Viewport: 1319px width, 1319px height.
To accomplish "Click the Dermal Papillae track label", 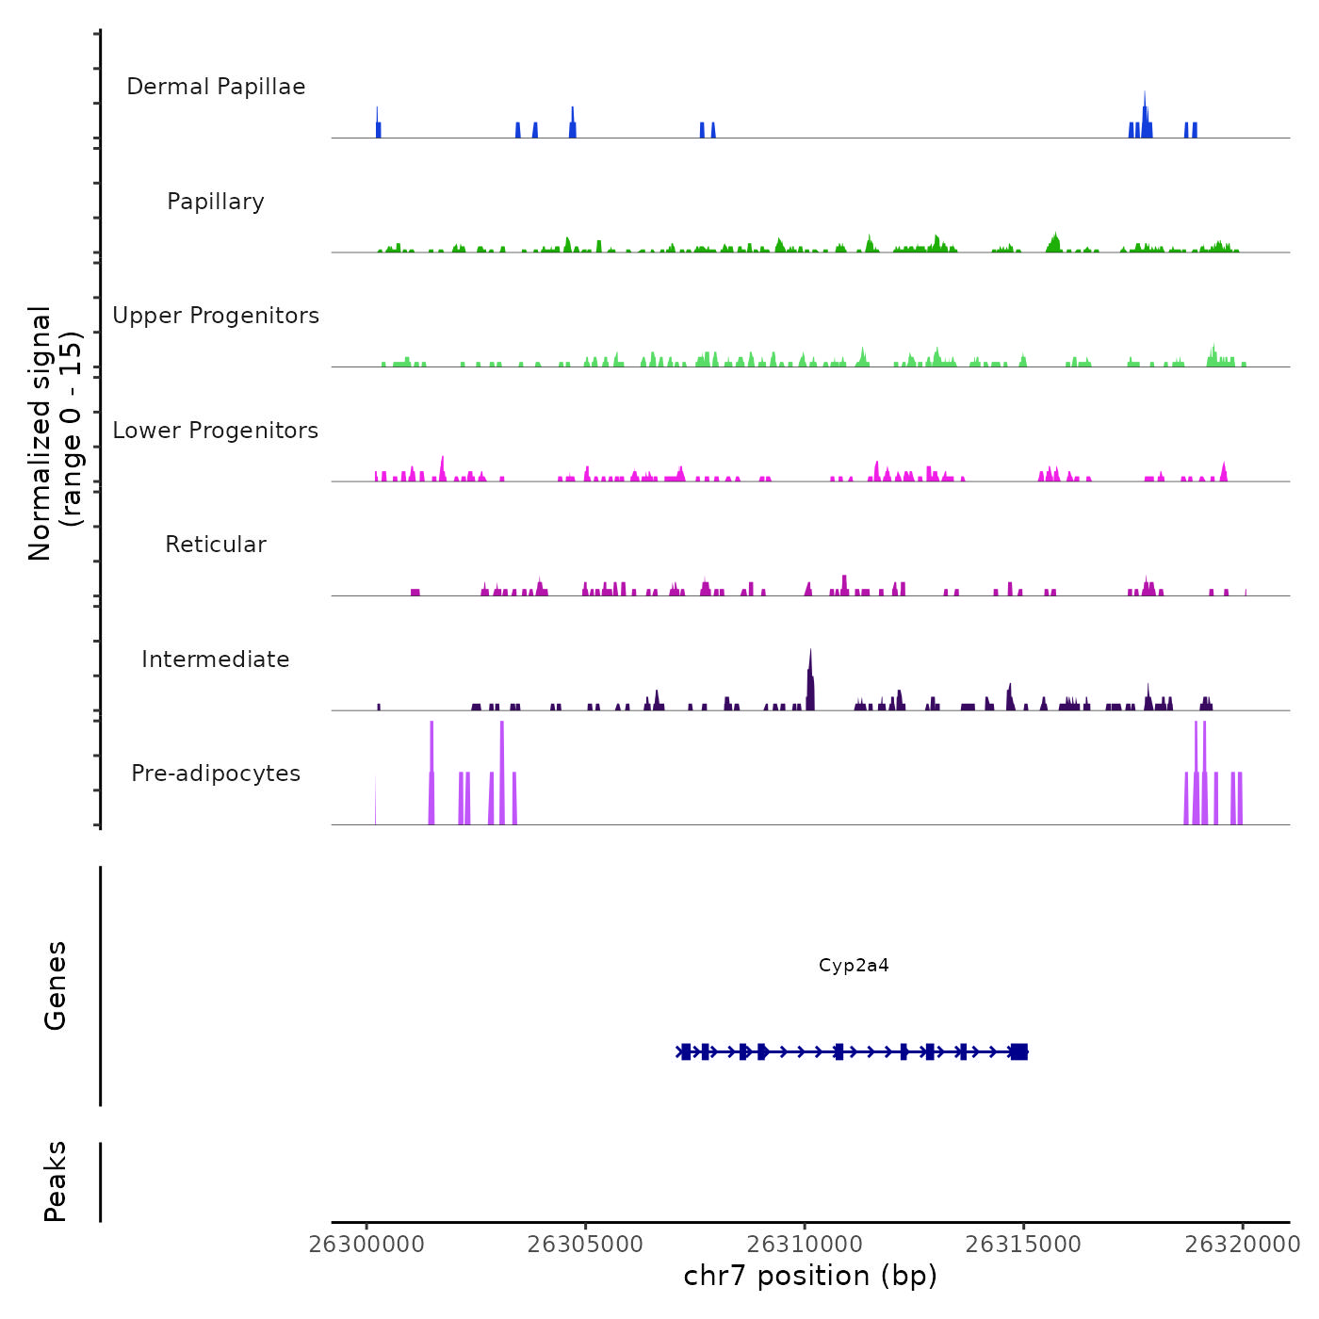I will click(x=216, y=87).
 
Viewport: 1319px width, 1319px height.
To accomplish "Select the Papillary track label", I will click(x=216, y=202).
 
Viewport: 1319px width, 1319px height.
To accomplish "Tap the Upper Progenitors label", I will click(x=216, y=316).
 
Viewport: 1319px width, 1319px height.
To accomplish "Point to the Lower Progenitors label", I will click(x=216, y=431).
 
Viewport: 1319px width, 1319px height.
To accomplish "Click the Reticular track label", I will click(x=216, y=545).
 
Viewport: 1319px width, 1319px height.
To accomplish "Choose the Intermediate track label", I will click(x=216, y=659).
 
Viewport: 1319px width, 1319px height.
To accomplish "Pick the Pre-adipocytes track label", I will click(x=216, y=773).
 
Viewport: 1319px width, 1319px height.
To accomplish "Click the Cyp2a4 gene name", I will click(x=854, y=966).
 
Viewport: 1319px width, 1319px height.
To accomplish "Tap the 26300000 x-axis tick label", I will click(x=366, y=1245).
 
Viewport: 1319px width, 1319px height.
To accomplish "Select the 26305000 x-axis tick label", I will click(x=586, y=1245).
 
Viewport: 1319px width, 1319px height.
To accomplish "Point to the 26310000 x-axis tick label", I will click(x=805, y=1245).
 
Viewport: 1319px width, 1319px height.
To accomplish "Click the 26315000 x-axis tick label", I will click(x=1024, y=1245).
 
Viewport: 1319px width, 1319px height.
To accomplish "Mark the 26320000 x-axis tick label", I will click(x=1243, y=1245).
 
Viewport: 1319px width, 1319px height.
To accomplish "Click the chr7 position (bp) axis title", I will click(x=810, y=1277).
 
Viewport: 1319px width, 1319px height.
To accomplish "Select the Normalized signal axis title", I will click(x=55, y=432).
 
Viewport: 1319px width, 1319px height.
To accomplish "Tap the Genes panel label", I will click(x=56, y=985).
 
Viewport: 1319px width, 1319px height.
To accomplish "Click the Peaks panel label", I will click(x=56, y=1181).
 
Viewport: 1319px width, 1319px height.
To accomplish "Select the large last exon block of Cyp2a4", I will click(x=1018, y=1052).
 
